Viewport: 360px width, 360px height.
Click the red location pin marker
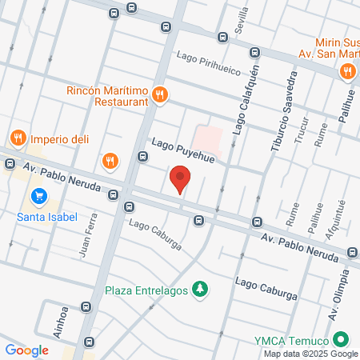click(x=180, y=178)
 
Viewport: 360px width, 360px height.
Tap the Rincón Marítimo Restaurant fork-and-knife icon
click(x=161, y=94)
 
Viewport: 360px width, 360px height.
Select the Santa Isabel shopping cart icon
click(x=38, y=196)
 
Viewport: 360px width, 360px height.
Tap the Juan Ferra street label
click(x=89, y=234)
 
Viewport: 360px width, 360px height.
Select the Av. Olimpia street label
click(x=338, y=290)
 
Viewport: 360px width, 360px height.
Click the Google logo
click(x=26, y=350)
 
